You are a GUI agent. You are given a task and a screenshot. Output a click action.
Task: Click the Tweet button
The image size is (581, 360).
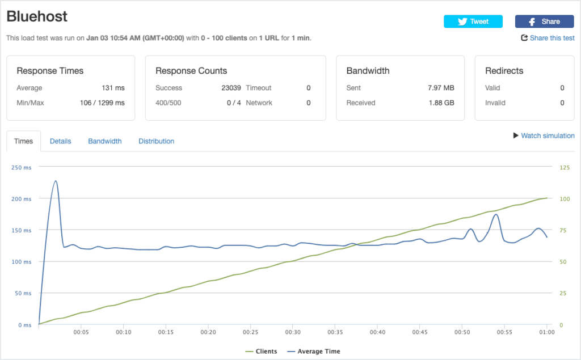[473, 22]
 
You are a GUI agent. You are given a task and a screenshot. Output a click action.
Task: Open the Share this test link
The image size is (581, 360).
[548, 38]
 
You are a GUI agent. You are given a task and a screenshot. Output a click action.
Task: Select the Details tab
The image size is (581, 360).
[60, 141]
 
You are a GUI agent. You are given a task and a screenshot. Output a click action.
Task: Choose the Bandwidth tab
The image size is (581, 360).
[105, 141]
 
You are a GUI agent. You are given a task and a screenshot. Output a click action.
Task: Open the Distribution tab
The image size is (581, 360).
[157, 141]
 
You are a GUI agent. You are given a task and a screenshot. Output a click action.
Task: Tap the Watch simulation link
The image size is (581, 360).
[544, 135]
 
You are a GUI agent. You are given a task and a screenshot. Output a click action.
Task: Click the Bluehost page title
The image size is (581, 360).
[37, 16]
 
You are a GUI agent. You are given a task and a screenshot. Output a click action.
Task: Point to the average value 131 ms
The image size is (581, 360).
[113, 88]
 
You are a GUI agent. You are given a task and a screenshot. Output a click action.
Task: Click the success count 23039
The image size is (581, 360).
[231, 88]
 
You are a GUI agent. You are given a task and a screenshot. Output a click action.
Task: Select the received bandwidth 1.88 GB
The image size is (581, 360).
[441, 103]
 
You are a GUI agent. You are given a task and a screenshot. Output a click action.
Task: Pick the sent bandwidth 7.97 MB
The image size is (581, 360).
[441, 88]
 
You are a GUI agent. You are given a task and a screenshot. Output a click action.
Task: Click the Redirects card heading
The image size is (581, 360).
[504, 71]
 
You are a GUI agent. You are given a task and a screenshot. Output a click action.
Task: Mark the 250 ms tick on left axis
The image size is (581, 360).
[21, 167]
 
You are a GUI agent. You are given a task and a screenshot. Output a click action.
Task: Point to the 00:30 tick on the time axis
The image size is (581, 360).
[293, 332]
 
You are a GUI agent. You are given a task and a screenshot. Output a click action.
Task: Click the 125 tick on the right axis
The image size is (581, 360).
[565, 167]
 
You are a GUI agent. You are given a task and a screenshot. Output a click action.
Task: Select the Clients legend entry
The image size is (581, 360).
[261, 351]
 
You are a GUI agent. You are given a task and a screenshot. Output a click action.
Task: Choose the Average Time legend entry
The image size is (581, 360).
[314, 351]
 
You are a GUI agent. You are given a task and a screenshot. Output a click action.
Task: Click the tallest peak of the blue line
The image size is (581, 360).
[56, 181]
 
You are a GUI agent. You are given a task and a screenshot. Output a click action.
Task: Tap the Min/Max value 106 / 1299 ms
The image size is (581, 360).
[102, 103]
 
